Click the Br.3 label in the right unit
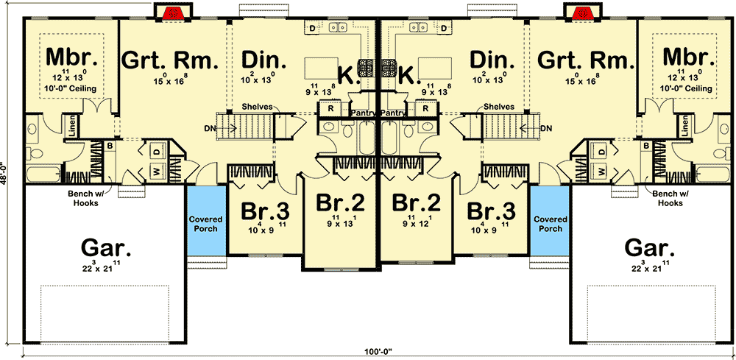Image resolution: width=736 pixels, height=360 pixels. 492,211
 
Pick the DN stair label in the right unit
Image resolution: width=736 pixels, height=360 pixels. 545,128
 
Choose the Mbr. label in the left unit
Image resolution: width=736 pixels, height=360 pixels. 68,57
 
